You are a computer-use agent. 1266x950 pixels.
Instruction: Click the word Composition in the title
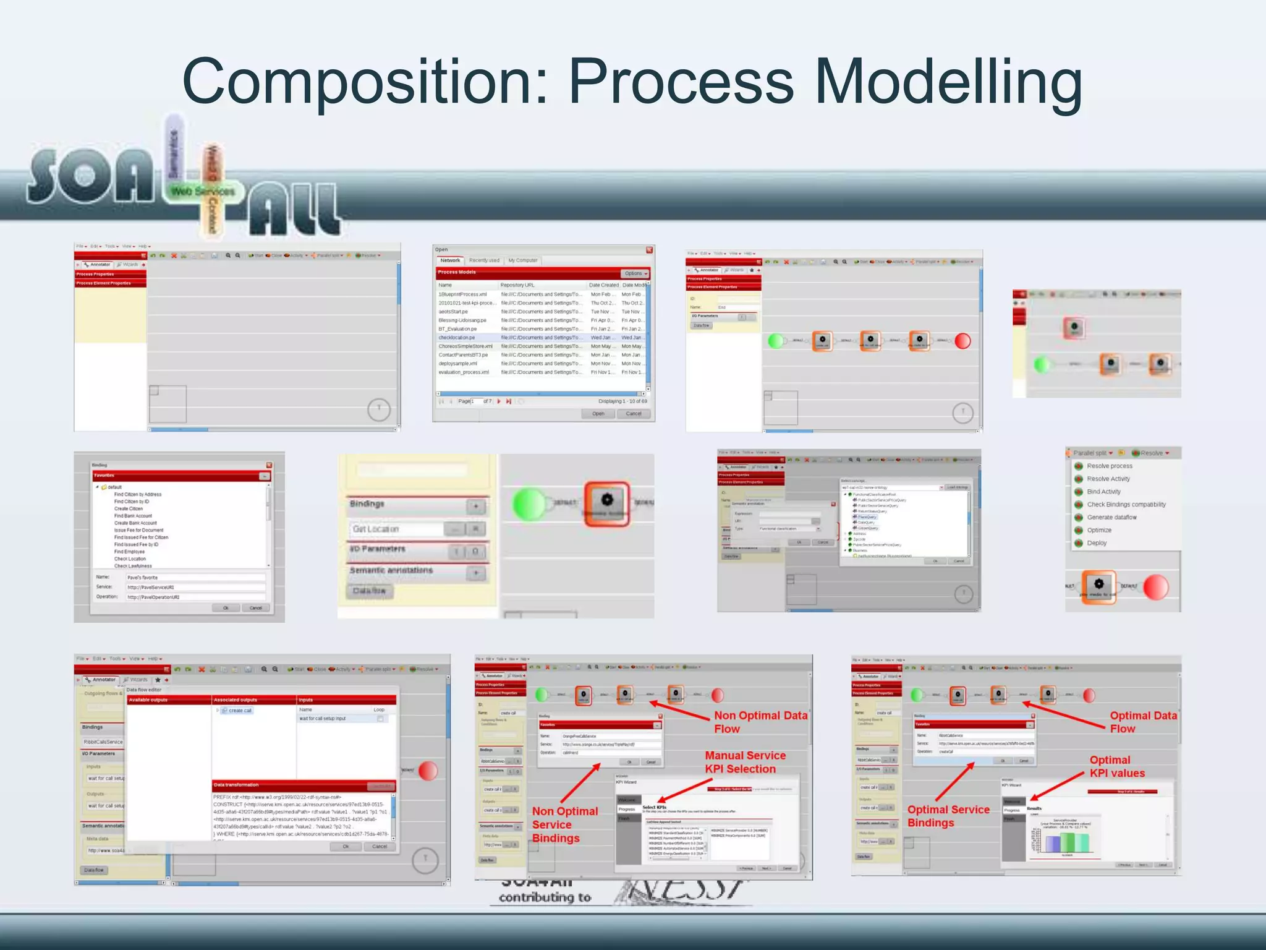point(365,82)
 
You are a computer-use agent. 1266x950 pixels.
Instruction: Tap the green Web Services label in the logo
point(203,192)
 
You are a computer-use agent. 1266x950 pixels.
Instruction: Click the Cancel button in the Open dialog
point(634,414)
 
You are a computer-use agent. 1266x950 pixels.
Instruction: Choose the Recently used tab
point(484,260)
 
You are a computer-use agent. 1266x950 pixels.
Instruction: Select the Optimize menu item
point(1099,530)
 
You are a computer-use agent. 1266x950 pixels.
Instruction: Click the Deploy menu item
point(1097,543)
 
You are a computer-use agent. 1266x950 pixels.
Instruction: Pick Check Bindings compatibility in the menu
point(1126,505)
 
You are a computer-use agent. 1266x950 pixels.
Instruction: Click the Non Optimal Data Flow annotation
point(760,722)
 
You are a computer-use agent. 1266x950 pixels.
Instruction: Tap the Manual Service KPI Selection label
point(745,762)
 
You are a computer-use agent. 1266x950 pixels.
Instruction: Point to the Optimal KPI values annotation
point(1116,766)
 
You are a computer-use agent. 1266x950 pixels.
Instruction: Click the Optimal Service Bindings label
point(948,816)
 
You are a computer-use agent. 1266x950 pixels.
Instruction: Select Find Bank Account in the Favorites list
point(133,516)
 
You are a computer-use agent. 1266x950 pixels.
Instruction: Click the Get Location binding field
point(396,529)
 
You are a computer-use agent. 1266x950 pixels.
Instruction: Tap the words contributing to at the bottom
point(545,897)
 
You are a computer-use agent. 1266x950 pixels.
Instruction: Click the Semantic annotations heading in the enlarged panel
point(391,570)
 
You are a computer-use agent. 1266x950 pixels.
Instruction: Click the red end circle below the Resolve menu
point(1155,587)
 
